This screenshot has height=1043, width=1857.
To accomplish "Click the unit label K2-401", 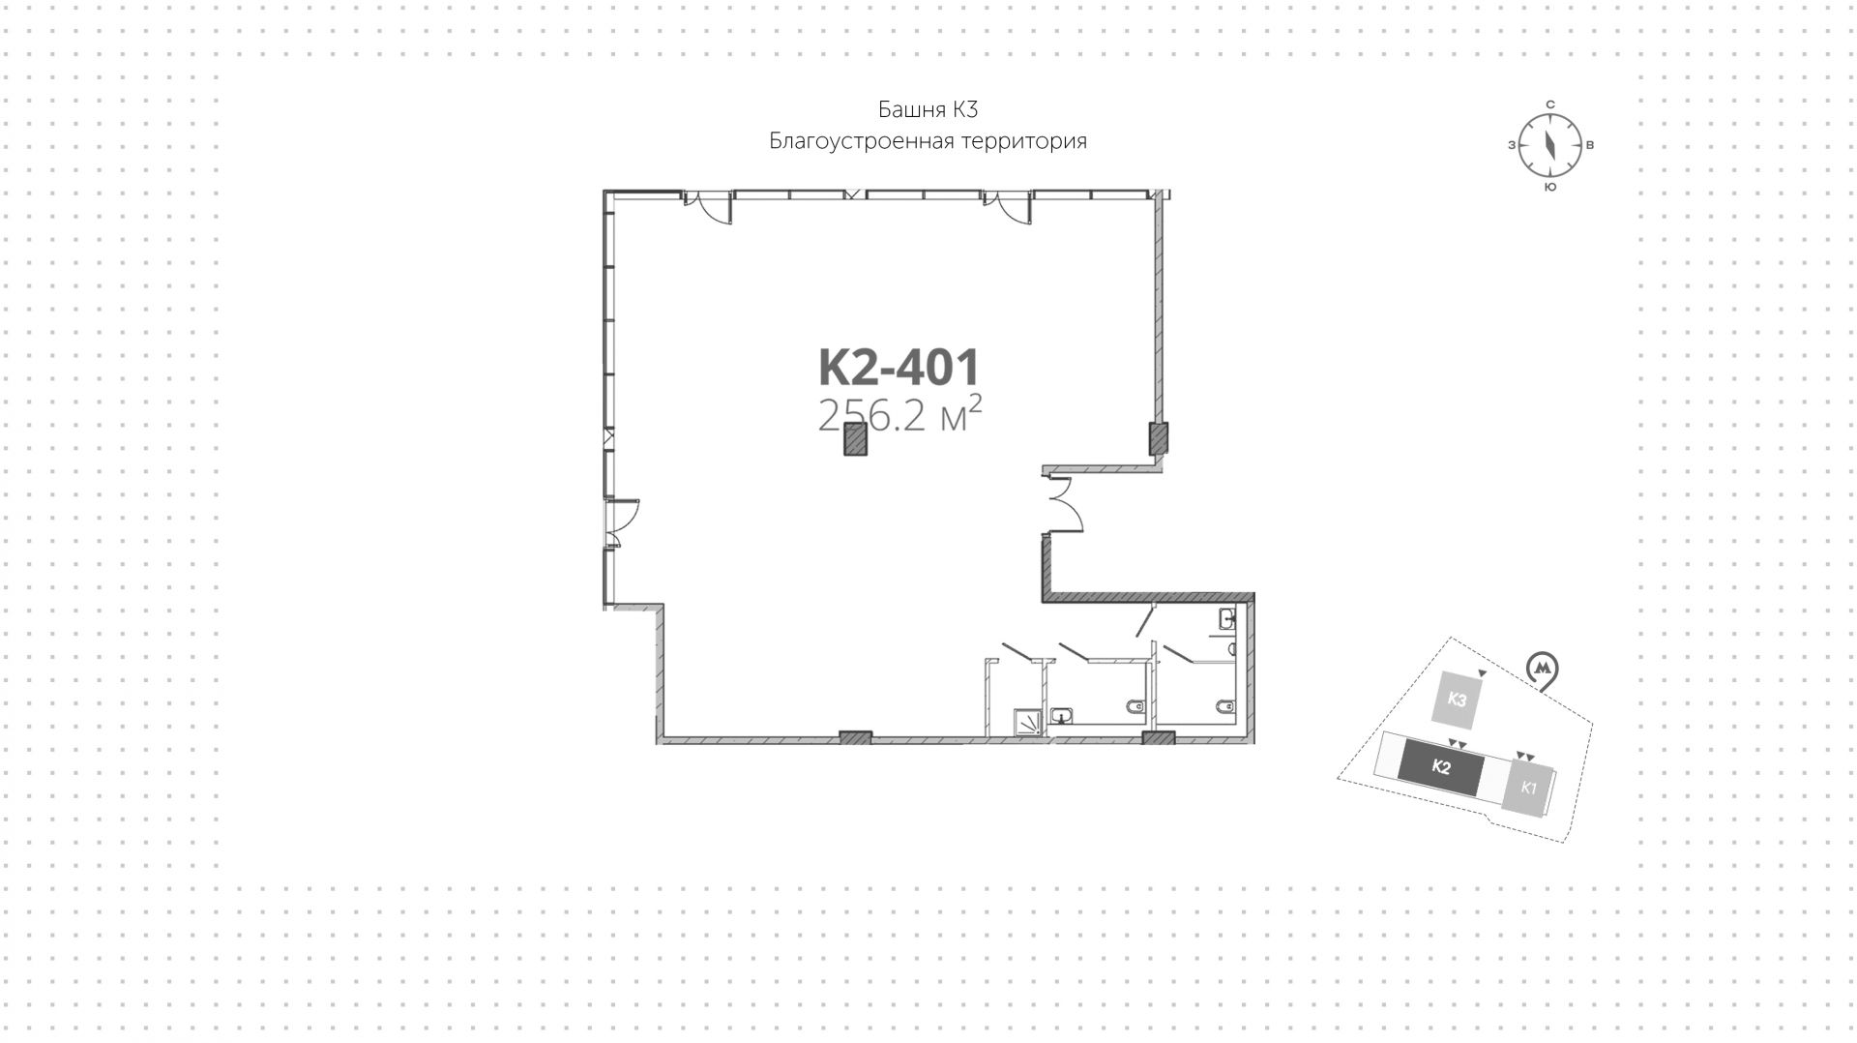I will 899,369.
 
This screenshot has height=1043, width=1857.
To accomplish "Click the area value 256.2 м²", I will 899,416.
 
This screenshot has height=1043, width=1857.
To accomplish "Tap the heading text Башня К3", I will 928,108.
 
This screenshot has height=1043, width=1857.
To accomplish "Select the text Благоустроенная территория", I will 928,141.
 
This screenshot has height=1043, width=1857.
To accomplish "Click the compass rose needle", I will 1549,145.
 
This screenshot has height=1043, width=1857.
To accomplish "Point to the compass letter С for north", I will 1549,104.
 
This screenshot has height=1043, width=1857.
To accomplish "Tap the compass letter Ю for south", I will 1549,187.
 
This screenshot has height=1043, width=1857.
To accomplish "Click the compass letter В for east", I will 1591,145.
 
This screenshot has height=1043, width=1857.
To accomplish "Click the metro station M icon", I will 1543,669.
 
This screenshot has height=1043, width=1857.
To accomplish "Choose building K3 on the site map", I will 1457,700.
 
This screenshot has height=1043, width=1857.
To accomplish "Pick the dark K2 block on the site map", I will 1440,768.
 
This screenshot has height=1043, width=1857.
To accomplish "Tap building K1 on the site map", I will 1528,787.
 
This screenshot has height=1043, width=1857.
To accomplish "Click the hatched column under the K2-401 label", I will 855,439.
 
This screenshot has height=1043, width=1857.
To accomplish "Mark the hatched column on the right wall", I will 1158,438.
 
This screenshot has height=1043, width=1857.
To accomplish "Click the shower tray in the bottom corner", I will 1028,721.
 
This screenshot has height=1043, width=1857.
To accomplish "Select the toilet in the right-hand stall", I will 1225,706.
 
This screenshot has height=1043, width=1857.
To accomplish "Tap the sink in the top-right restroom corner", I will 1228,616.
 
